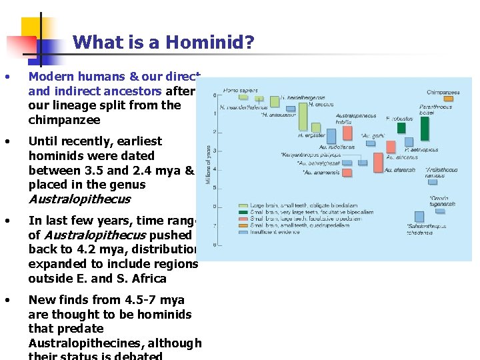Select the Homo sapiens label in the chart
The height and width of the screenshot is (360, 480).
click(241, 90)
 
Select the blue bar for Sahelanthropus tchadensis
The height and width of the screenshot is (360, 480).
click(419, 216)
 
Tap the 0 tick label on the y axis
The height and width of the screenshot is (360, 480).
click(215, 95)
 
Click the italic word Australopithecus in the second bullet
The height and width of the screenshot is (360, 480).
click(79, 199)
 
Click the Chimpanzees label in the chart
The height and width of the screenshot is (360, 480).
click(443, 91)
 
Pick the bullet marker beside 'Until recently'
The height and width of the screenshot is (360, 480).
click(7, 141)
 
